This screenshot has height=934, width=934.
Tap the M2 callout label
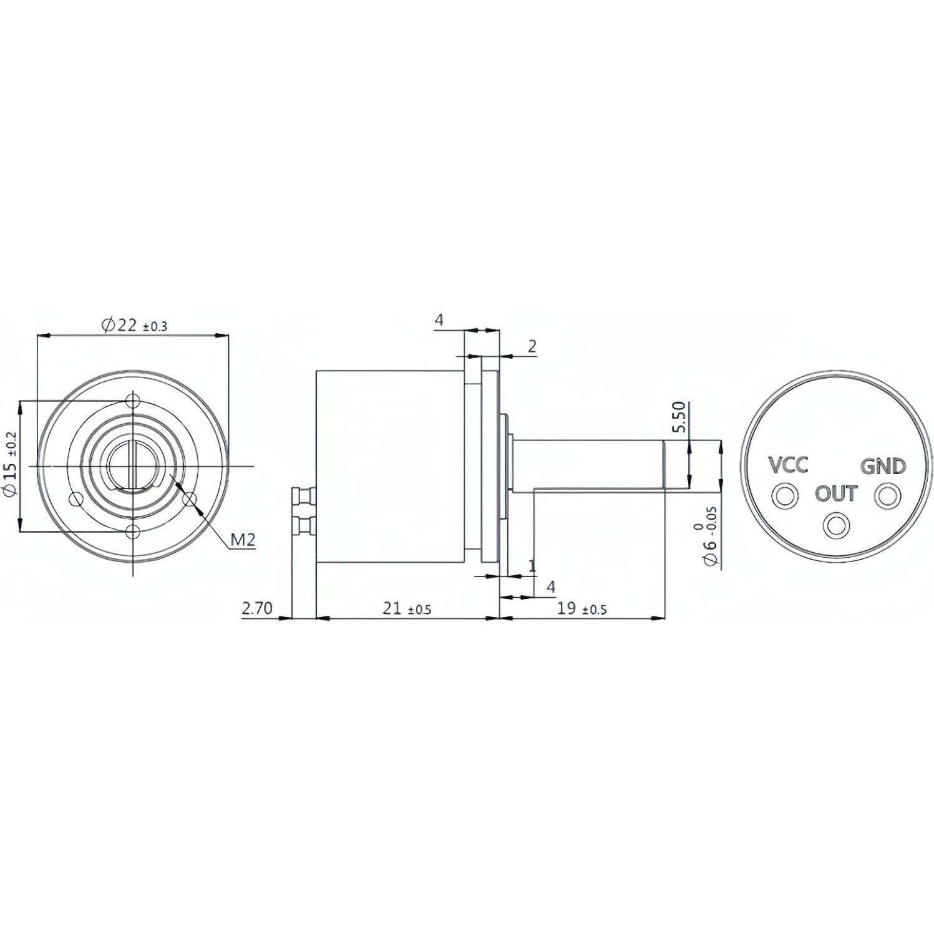[x=243, y=540]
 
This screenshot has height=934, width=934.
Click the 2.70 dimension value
[x=257, y=608]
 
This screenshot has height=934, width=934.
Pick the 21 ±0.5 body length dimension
[x=406, y=608]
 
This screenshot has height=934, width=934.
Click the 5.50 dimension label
[x=679, y=417]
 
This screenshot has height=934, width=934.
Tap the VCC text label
[x=787, y=465]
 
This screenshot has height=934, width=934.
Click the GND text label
[x=883, y=466]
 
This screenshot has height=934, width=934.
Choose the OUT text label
[x=836, y=494]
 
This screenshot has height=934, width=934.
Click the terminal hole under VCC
[x=784, y=496]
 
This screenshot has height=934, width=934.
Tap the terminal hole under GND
[x=887, y=497]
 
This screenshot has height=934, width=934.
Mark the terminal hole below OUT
[x=835, y=525]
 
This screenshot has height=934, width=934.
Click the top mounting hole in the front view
[x=132, y=400]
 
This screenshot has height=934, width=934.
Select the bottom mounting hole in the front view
[x=132, y=532]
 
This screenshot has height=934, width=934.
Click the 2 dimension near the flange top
[x=532, y=346]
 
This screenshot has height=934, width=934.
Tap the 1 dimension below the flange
[x=532, y=565]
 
